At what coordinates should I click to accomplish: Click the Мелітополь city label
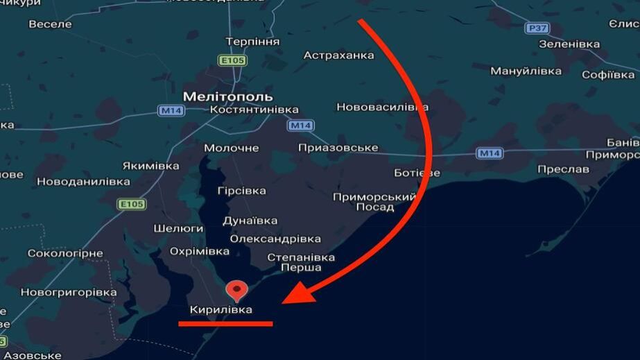227,96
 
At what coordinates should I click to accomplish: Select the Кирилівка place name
221,309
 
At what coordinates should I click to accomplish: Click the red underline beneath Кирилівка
225,323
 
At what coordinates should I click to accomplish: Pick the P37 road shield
537,28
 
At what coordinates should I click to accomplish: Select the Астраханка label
338,55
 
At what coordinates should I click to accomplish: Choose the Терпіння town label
252,42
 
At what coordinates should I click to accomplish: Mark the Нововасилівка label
382,107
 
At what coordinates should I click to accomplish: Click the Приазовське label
338,148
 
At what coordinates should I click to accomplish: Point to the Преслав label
562,169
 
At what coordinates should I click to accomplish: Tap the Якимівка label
150,166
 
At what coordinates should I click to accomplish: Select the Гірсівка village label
241,190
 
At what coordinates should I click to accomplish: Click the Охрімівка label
200,250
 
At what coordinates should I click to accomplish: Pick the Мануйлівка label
526,71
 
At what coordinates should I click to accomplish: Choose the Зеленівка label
569,44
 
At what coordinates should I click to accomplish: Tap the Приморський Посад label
374,202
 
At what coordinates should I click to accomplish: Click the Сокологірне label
65,253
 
